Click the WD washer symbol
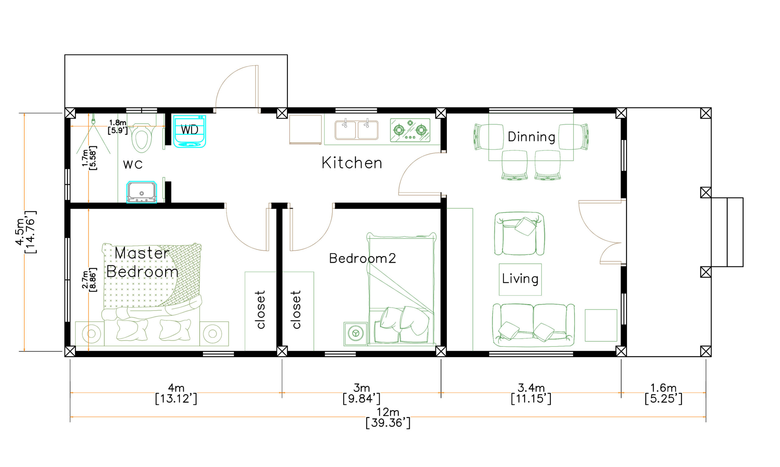[190, 131]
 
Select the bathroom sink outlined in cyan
[142, 192]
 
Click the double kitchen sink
[356, 130]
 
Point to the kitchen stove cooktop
[410, 130]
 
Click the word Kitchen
[352, 163]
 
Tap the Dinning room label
[532, 137]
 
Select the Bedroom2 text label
[363, 258]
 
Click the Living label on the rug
[520, 279]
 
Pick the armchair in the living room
[519, 233]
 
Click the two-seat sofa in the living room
[534, 325]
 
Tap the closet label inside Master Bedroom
[261, 310]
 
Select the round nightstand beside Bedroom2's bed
[356, 333]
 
